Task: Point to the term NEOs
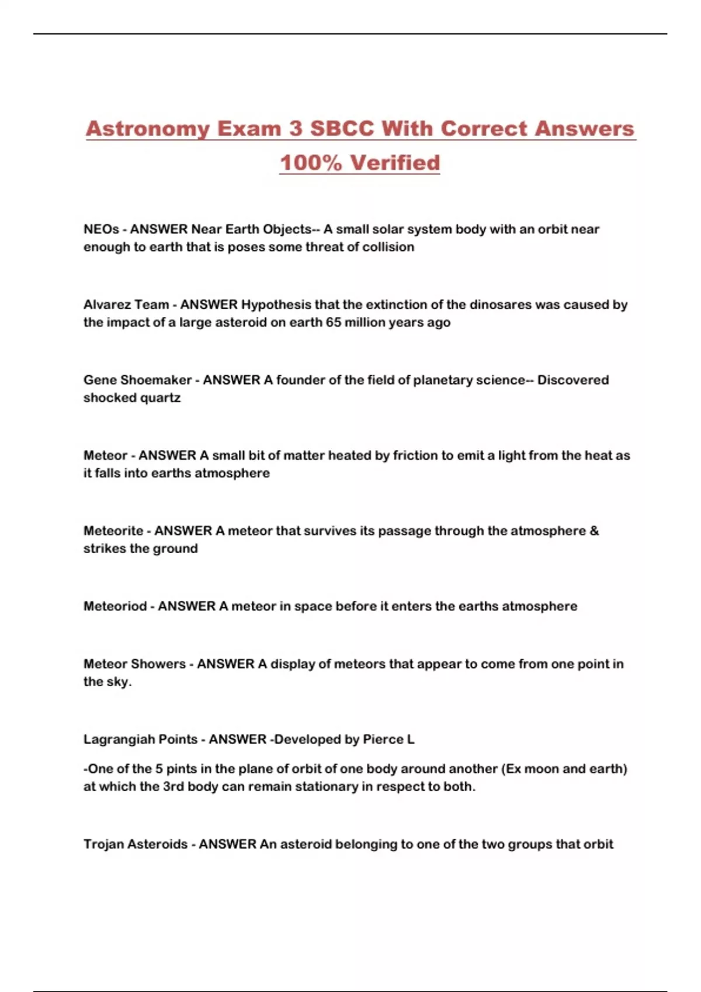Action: (101, 229)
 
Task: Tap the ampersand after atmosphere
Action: (594, 531)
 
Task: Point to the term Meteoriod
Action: (115, 606)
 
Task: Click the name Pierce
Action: (383, 739)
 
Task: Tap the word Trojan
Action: (103, 844)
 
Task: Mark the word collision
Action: (388, 247)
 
